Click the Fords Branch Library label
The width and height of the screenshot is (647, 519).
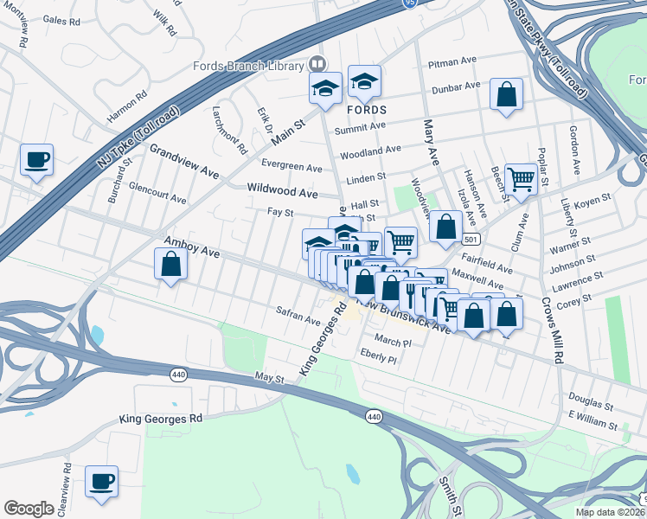pyautogui.click(x=248, y=65)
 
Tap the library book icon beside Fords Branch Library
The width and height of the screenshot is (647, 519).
pyautogui.click(x=317, y=65)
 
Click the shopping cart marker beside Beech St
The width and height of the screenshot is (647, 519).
pyautogui.click(x=521, y=180)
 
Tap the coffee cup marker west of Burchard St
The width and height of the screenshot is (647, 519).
pyautogui.click(x=36, y=160)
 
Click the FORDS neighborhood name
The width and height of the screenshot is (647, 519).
pyautogui.click(x=366, y=111)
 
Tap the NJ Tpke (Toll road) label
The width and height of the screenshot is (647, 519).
pyautogui.click(x=138, y=138)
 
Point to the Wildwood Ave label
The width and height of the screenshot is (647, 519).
pyautogui.click(x=282, y=189)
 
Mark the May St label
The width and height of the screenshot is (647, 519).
pyautogui.click(x=269, y=379)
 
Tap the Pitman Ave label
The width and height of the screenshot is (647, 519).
pyautogui.click(x=452, y=64)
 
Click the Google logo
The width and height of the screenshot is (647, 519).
pyautogui.click(x=29, y=509)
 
